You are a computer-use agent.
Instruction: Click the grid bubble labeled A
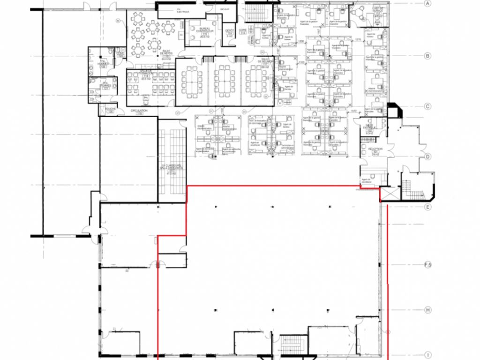[427, 4]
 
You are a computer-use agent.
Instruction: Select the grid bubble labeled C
[427, 106]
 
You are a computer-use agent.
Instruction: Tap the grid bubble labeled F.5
[427, 265]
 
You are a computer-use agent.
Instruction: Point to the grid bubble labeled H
[427, 310]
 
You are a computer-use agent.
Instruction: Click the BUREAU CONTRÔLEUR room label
[204, 31]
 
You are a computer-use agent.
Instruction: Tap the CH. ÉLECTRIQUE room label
[179, 10]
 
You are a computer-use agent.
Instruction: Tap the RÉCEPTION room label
[375, 150]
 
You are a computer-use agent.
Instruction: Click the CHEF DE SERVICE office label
[378, 10]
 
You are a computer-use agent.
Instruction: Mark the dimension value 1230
[301, 42]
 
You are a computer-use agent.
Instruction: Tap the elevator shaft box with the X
[388, 195]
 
